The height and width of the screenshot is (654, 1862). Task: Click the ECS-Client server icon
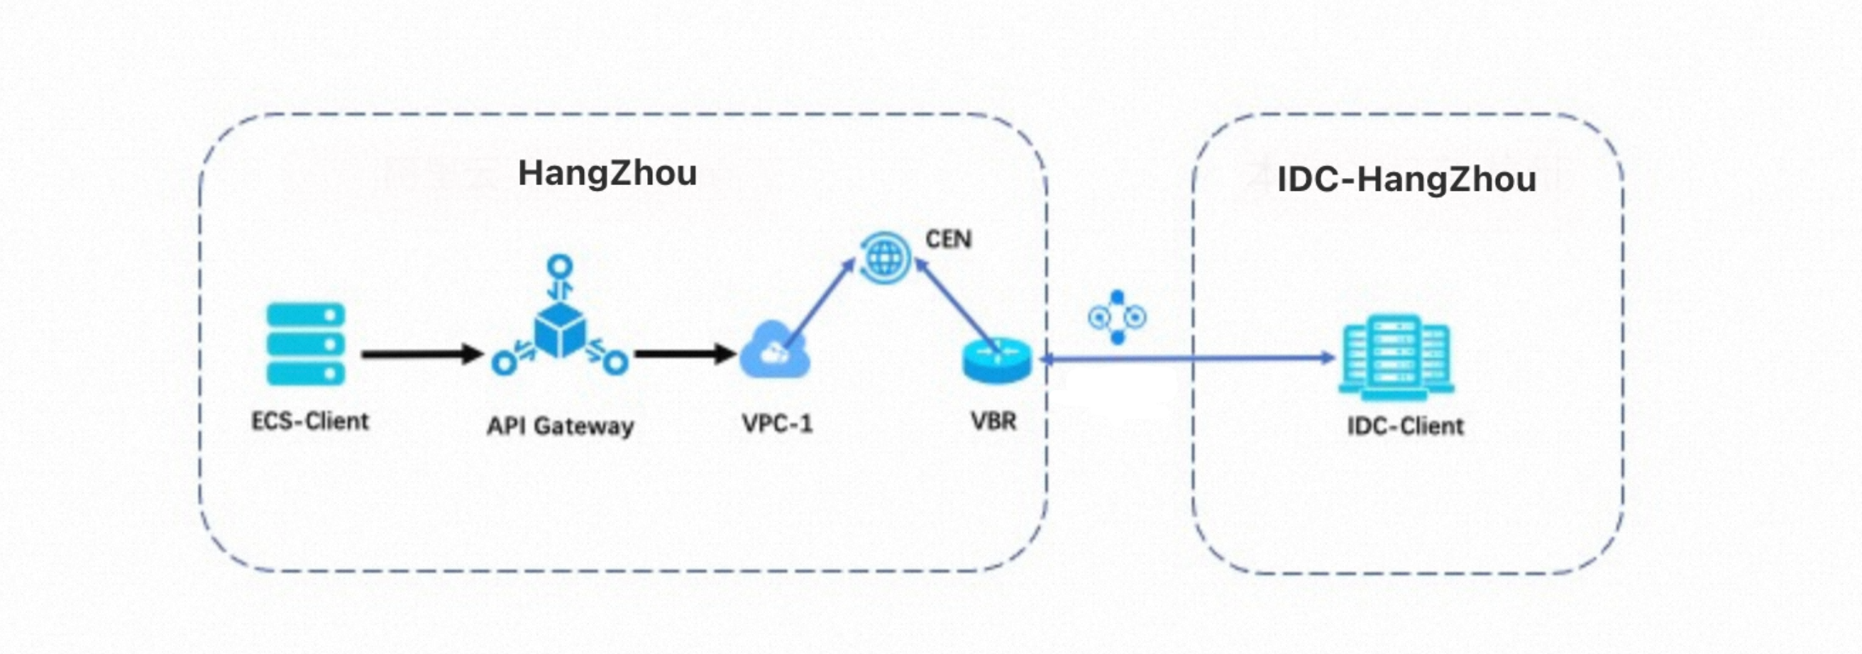click(x=306, y=344)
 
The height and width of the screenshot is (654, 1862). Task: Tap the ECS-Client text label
click(x=309, y=421)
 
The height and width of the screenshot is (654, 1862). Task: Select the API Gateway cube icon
click(x=560, y=329)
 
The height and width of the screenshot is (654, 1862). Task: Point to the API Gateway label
click(x=560, y=426)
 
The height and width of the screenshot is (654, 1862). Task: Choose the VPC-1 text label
click(x=777, y=423)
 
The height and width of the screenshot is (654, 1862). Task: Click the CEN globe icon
click(x=885, y=257)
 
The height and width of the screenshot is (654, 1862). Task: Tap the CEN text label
click(x=948, y=239)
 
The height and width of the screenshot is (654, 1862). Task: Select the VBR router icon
click(x=997, y=360)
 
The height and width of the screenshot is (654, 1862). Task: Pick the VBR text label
click(x=993, y=421)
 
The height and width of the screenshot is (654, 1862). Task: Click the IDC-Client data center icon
click(x=1396, y=357)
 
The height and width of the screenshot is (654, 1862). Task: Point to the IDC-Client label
click(x=1405, y=426)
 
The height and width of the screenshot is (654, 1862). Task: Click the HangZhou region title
click(x=607, y=174)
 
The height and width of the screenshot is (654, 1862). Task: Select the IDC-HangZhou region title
click(x=1406, y=179)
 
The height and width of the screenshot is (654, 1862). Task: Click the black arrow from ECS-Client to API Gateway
click(x=422, y=354)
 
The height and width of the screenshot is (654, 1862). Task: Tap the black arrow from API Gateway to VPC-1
click(x=684, y=354)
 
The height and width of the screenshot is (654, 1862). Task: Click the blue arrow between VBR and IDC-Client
click(x=1186, y=358)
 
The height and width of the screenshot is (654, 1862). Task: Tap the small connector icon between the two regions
click(x=1118, y=317)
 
